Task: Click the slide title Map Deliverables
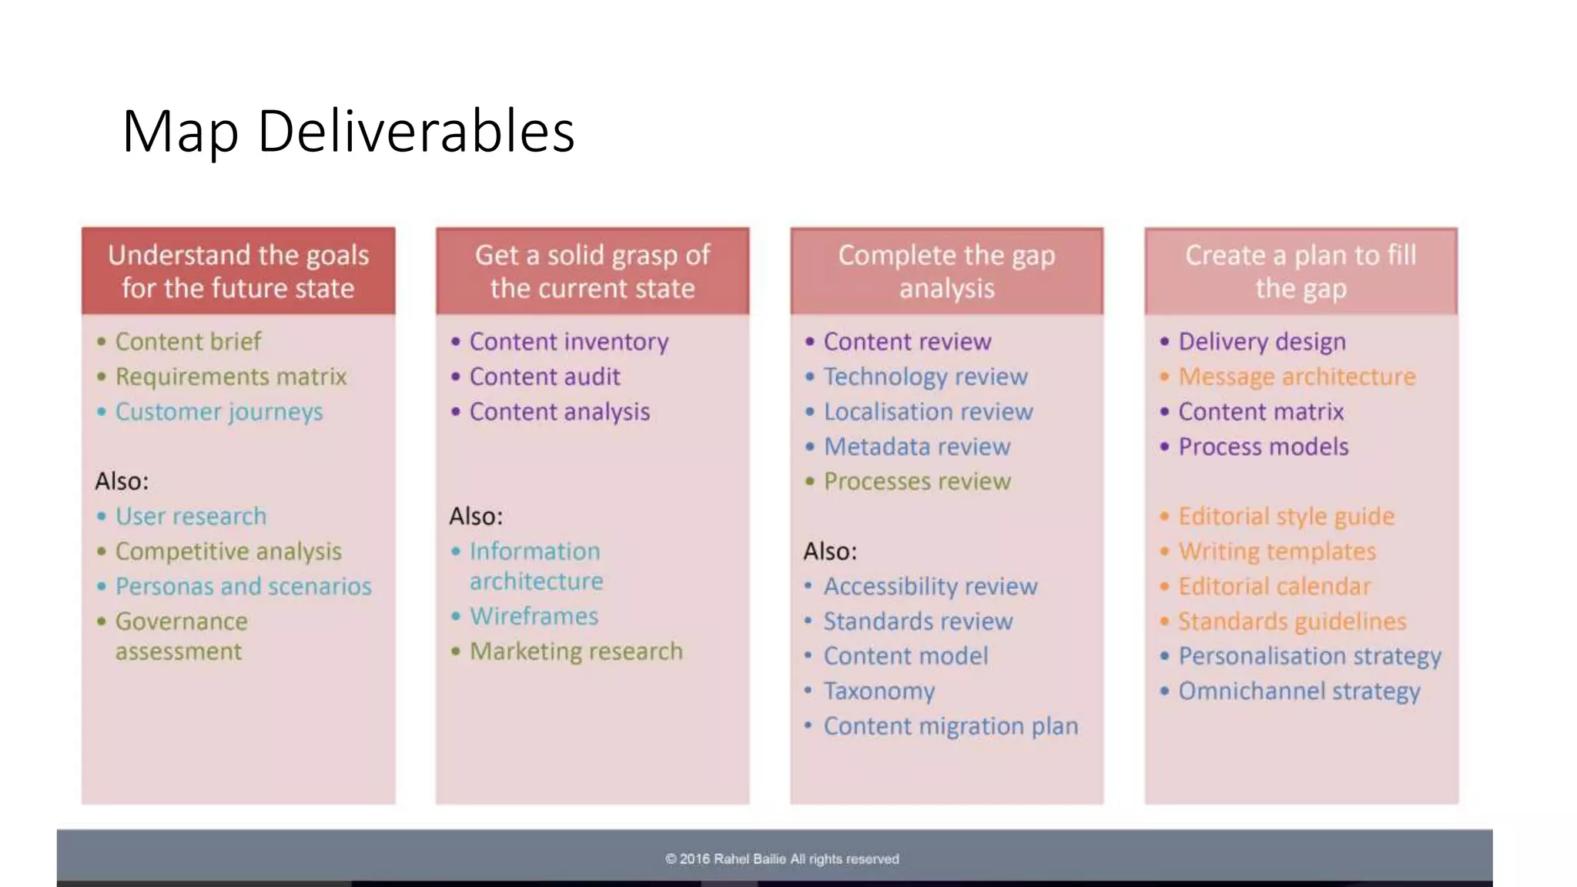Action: [x=348, y=132]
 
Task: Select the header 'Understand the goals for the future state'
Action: [x=238, y=271]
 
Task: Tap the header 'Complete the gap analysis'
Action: [x=946, y=271]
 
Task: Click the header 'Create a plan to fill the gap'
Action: [x=1301, y=271]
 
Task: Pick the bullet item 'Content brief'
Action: [x=188, y=341]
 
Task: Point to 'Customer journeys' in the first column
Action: [x=219, y=412]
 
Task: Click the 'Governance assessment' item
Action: [x=181, y=636]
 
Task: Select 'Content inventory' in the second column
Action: [x=568, y=341]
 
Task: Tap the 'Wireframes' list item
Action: [x=534, y=616]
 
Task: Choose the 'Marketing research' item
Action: [x=576, y=651]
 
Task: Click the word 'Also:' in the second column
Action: [x=476, y=516]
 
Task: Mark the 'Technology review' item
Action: [x=925, y=377]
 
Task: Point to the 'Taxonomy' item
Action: [x=879, y=691]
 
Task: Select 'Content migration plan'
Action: [x=950, y=726]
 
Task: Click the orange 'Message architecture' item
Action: [x=1297, y=377]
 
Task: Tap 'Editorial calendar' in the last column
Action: [x=1274, y=586]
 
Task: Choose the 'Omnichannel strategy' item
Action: [x=1299, y=691]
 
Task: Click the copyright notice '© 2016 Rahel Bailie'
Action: [x=782, y=859]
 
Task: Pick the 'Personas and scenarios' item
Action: [x=243, y=586]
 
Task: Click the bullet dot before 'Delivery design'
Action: [x=1164, y=341]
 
